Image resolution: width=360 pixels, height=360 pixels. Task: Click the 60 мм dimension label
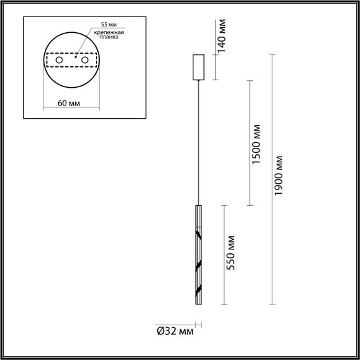point(57,104)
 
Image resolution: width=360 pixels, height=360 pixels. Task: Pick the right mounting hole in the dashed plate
point(83,60)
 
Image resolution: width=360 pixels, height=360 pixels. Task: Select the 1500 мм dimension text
point(256,145)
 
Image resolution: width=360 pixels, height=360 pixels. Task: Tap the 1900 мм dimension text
point(281,179)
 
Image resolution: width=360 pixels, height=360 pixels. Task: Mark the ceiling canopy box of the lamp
point(198,66)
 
